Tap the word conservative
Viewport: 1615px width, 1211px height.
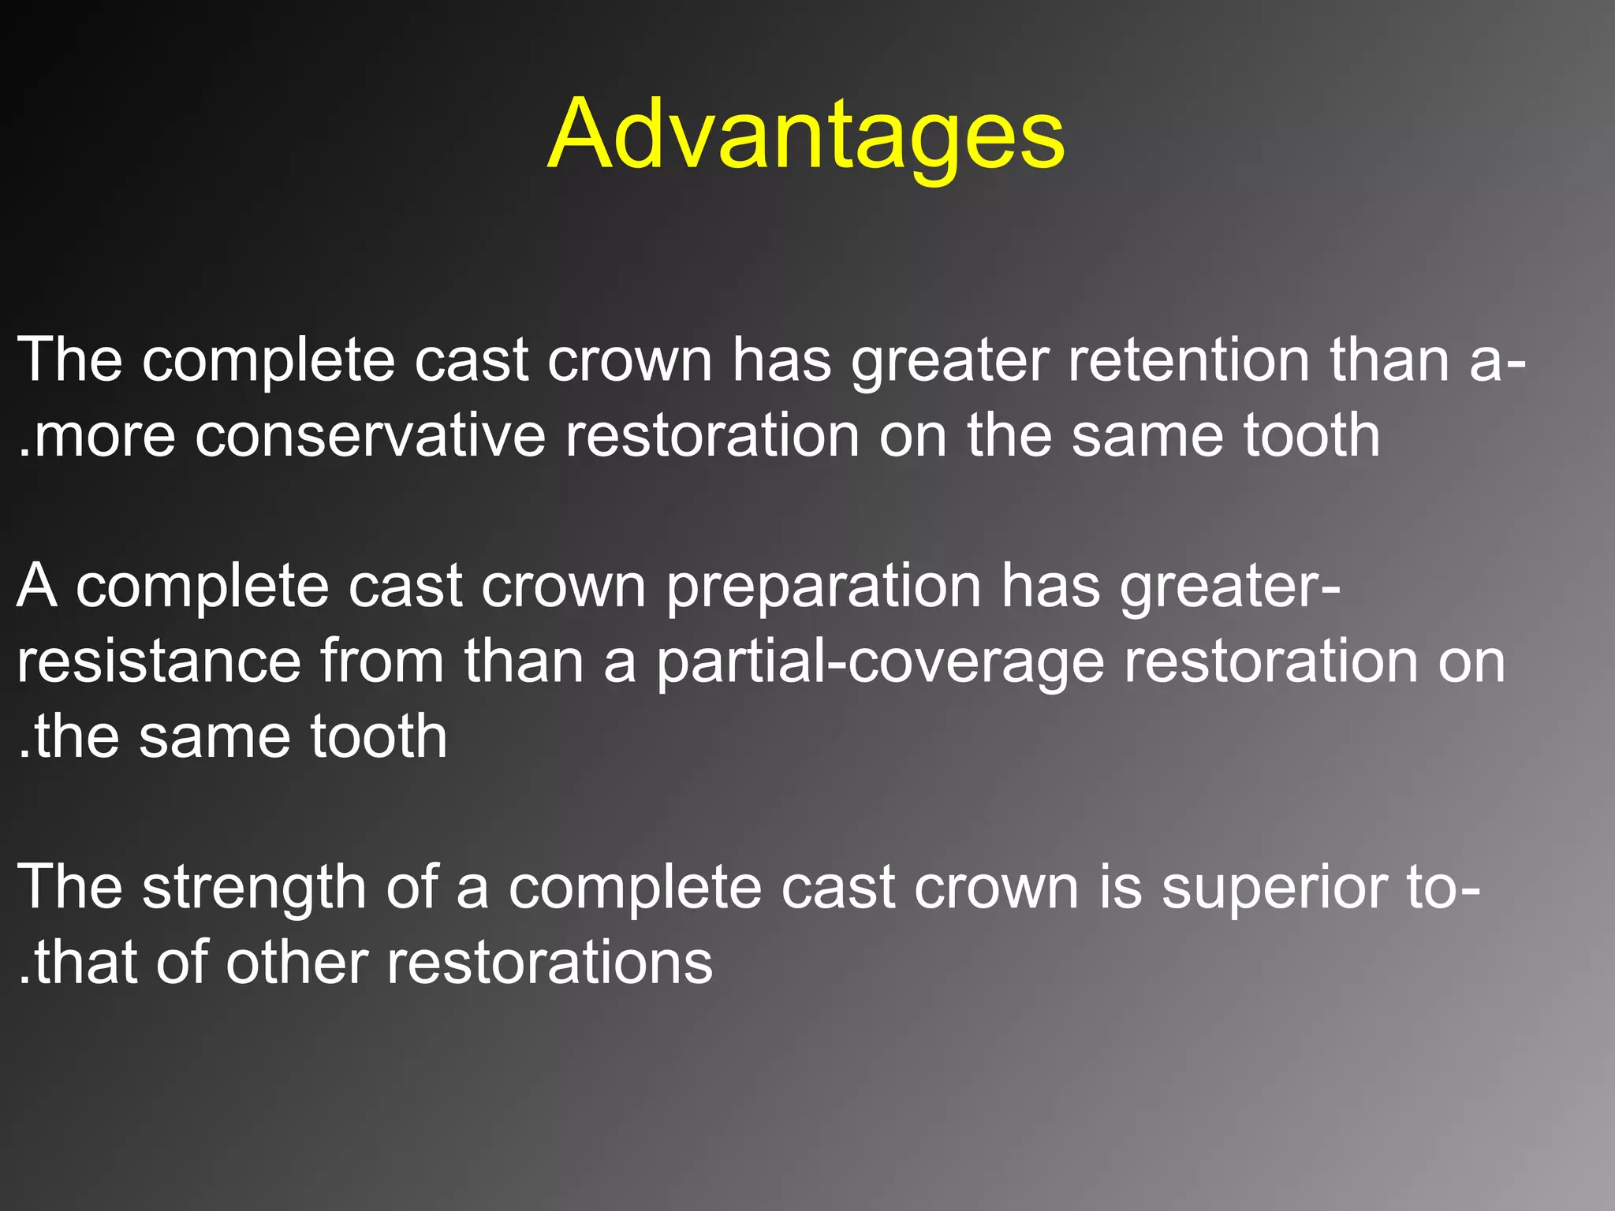(370, 436)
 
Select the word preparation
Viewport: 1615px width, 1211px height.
(823, 587)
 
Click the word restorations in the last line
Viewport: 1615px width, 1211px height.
(549, 963)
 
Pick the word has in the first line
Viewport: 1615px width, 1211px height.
(781, 360)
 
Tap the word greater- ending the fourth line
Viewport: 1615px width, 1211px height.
(1229, 587)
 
